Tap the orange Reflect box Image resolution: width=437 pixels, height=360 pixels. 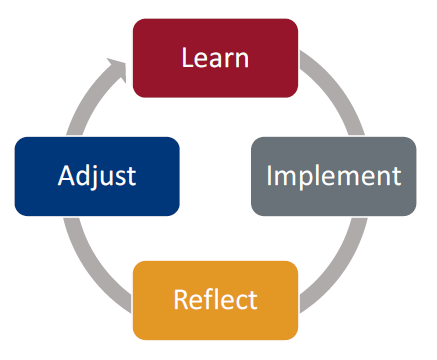pyautogui.click(x=215, y=299)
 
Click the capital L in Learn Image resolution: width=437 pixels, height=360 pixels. pyautogui.click(x=187, y=57)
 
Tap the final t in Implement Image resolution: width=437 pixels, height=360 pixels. pyautogui.click(x=395, y=177)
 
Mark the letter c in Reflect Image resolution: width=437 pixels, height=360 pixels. pyautogui.click(x=241, y=301)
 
